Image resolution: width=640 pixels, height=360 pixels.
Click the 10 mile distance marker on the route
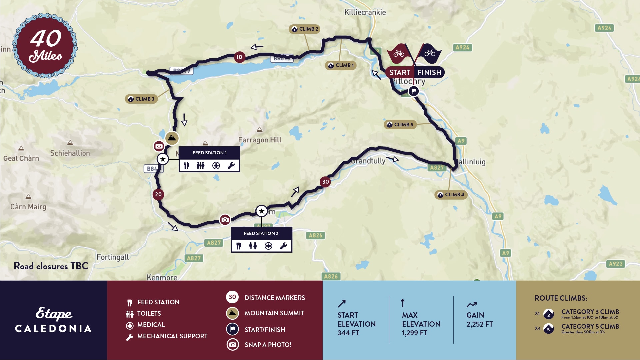click(239, 57)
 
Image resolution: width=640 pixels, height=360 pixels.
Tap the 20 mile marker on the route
click(158, 194)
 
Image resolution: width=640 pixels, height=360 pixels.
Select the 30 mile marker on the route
click(325, 182)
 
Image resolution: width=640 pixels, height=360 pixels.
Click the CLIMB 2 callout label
click(305, 29)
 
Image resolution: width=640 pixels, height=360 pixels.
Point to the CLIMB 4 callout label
click(451, 195)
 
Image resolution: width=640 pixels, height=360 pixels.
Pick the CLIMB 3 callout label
click(141, 99)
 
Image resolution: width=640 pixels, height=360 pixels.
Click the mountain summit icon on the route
click(172, 138)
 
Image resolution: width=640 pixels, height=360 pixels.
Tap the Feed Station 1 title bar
click(209, 153)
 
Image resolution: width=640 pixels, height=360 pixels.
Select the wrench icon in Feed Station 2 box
click(283, 246)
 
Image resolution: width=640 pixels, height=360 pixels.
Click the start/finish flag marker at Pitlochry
click(413, 91)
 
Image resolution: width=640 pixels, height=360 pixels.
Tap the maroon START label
click(400, 72)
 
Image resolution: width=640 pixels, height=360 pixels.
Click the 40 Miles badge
click(45, 46)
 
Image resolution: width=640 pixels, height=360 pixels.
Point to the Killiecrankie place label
click(365, 12)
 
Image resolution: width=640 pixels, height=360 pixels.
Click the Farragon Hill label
click(260, 140)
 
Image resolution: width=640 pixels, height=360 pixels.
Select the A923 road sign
click(615, 264)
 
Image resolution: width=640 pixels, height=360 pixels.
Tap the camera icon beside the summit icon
click(159, 146)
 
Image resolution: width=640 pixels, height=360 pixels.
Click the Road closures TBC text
click(51, 266)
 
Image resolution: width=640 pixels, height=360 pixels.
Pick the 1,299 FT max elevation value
click(414, 333)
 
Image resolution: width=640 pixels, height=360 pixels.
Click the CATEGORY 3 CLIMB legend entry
click(590, 312)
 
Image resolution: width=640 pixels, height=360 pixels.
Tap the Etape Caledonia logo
click(53, 320)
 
